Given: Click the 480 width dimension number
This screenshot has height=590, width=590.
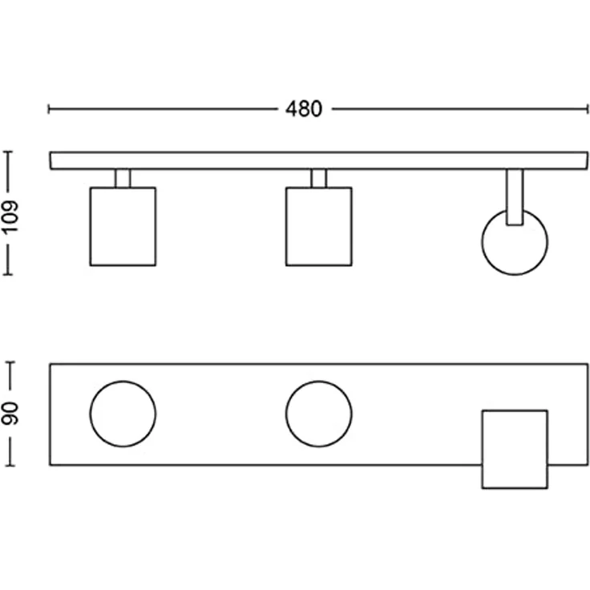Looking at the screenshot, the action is [304, 109].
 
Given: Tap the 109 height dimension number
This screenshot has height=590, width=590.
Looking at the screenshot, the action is [10, 216].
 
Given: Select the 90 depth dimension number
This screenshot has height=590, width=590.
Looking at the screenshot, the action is [10, 414].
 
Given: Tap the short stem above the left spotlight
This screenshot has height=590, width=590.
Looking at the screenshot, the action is [123, 178].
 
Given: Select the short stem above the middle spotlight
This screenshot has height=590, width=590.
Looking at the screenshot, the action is [319, 178].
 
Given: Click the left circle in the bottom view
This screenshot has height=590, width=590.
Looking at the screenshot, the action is [91, 414].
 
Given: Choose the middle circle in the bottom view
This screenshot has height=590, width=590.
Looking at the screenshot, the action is [286, 414].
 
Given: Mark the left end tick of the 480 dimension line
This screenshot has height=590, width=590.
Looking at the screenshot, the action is [49, 109].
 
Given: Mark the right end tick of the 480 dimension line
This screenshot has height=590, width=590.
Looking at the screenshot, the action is [587, 109].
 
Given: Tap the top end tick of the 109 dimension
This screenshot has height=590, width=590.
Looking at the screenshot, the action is [8, 152].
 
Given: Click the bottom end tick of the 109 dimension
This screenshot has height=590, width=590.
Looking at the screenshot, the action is [8, 275].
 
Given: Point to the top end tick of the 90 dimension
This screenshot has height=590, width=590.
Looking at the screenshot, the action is [10, 362].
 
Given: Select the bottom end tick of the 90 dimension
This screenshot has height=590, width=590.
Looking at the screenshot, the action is [10, 466].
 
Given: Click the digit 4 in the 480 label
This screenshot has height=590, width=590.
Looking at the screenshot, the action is [291, 109].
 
